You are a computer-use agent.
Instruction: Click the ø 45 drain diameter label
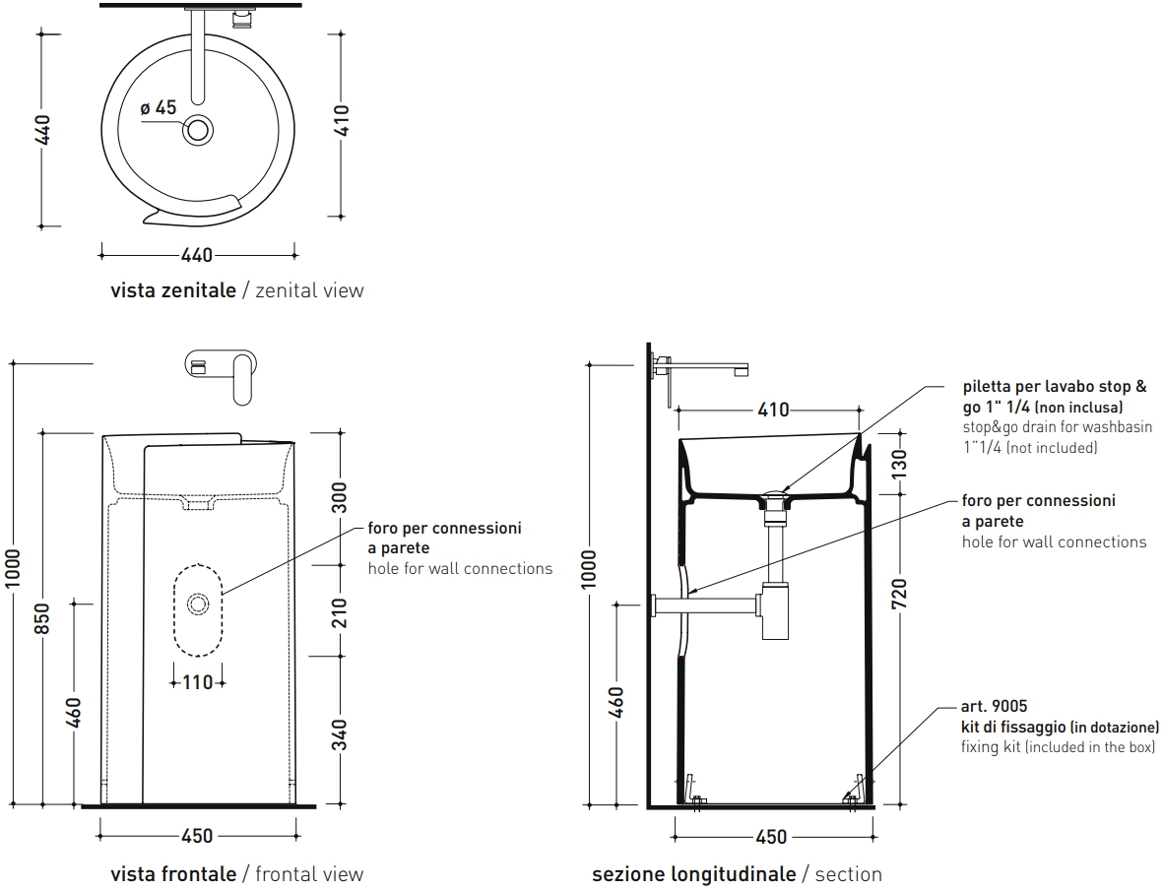[x=159, y=108]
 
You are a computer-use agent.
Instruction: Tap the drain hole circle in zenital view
[x=198, y=130]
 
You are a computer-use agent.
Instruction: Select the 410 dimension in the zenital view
[x=341, y=121]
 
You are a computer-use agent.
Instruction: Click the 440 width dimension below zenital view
[x=197, y=255]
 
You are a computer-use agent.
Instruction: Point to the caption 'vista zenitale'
[x=173, y=290]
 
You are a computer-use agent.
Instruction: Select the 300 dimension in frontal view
[x=340, y=497]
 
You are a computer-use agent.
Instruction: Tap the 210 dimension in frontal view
[x=340, y=612]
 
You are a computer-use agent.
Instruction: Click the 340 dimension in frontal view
[x=340, y=734]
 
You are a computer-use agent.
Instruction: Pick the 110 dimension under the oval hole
[x=198, y=681]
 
